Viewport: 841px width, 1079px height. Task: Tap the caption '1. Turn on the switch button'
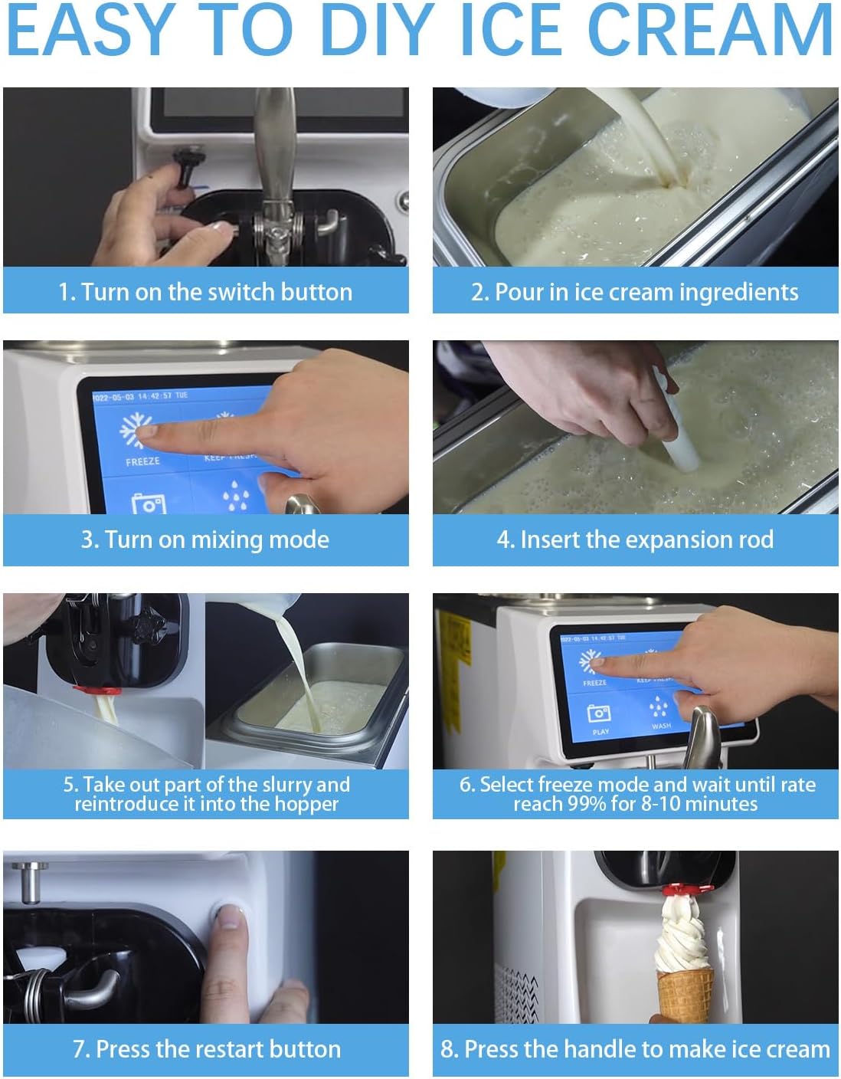[205, 292]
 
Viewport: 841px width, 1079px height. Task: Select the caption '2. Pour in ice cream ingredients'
[635, 292]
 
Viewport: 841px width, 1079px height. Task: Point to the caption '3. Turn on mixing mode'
[205, 539]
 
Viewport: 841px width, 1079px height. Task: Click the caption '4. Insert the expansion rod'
[635, 539]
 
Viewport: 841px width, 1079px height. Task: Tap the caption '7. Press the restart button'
[206, 1048]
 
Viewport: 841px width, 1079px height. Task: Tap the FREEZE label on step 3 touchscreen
[142, 461]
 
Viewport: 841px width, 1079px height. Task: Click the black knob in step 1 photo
[186, 161]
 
